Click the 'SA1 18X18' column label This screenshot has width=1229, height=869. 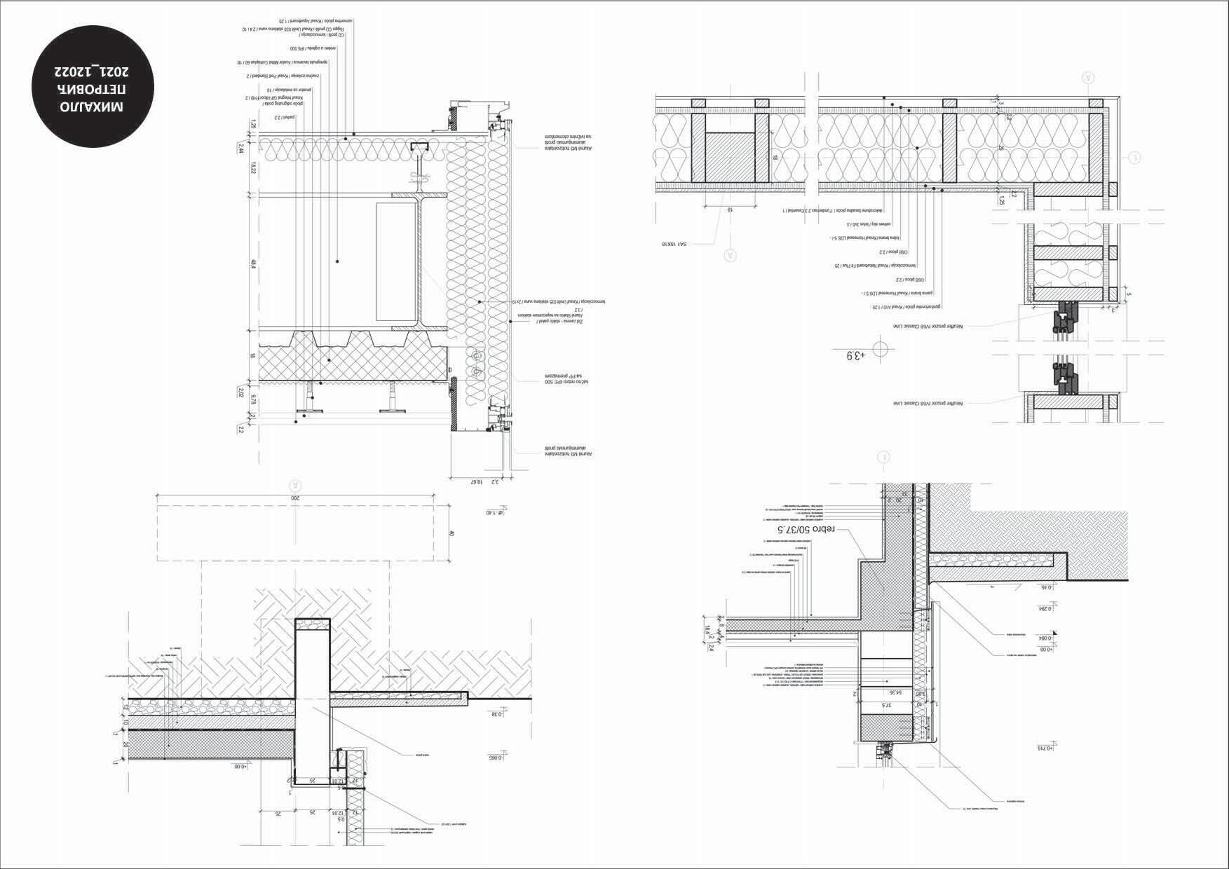(677, 243)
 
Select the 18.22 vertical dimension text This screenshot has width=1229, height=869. (241, 169)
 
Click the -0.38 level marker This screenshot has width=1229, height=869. (496, 714)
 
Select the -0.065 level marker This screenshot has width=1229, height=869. (496, 758)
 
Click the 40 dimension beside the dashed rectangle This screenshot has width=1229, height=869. (452, 533)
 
